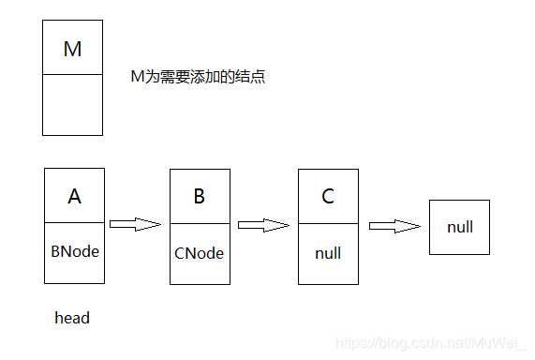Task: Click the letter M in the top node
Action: pos(72,49)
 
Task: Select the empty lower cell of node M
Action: pos(72,105)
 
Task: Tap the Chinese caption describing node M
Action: pos(198,78)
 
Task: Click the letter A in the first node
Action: pos(74,197)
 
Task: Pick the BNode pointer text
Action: pos(74,252)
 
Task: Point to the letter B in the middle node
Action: pos(199,197)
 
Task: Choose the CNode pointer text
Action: pos(199,253)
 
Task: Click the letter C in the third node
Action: pos(327,197)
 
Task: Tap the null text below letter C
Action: pos(327,253)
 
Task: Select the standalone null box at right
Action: pos(459,227)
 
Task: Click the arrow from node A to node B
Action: pos(135,224)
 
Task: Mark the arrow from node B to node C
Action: pos(263,225)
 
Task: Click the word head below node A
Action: pos(72,318)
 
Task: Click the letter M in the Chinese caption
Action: pos(136,78)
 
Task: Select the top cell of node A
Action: pos(74,197)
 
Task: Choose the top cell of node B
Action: pos(199,197)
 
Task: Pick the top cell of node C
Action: pos(327,197)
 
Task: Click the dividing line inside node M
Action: pos(72,75)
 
